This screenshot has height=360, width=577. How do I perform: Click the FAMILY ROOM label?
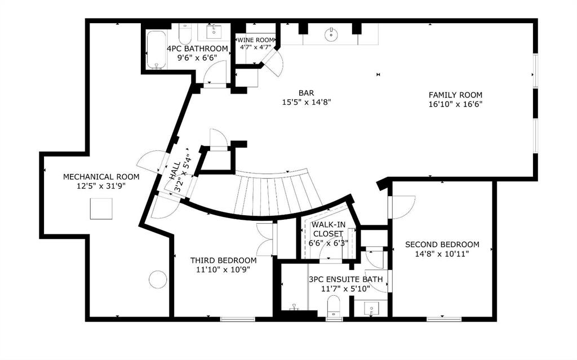(x=455, y=95)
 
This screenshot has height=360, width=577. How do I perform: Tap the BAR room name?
(x=306, y=93)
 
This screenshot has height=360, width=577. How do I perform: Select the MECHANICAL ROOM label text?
(x=101, y=177)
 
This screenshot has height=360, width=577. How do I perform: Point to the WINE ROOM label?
(x=256, y=40)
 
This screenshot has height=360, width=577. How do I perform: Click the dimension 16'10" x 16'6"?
(x=455, y=104)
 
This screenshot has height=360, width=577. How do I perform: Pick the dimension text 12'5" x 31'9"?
(x=101, y=186)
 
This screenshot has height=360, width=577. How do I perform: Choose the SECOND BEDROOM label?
(x=442, y=245)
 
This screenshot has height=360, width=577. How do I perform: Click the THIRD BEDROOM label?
(x=223, y=261)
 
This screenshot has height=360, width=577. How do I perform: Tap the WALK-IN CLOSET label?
(x=327, y=229)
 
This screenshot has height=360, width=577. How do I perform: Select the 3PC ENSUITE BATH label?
(x=346, y=279)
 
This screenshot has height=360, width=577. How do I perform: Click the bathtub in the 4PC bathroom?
(x=157, y=50)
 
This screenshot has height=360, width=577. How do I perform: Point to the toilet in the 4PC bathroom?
(x=184, y=34)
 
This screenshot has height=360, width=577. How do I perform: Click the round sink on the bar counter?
(x=331, y=34)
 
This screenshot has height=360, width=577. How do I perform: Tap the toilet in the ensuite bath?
(x=334, y=305)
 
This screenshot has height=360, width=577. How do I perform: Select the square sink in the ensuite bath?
(x=371, y=308)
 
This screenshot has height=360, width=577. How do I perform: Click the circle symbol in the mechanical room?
(x=158, y=279)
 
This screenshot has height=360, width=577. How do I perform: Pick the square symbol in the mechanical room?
(x=101, y=208)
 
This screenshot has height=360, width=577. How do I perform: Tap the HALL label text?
(x=175, y=171)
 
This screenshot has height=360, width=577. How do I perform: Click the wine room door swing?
(x=274, y=63)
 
